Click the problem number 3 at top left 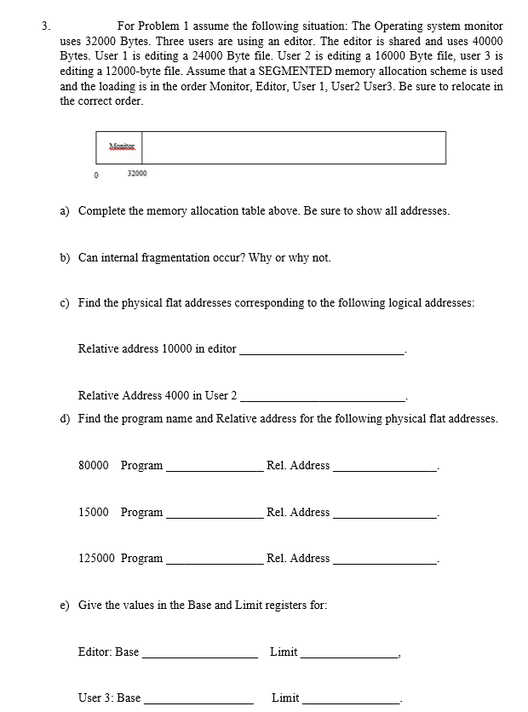(47, 26)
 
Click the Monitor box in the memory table (124, 147)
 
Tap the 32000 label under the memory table (136, 174)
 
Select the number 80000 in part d (93, 465)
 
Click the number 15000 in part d (93, 512)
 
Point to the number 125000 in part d (95, 559)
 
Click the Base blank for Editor (198, 654)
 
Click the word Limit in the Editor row (284, 652)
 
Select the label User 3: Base (109, 698)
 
